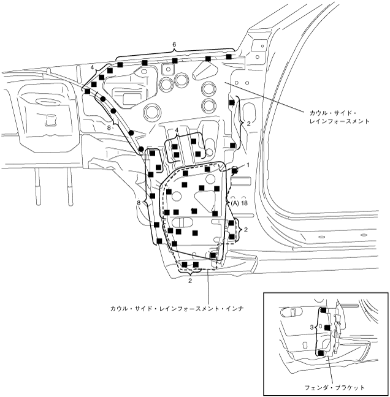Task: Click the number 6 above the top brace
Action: (174, 45)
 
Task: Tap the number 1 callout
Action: (248, 165)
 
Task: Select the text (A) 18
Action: (239, 202)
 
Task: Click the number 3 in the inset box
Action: (312, 328)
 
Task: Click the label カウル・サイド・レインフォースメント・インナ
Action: (178, 309)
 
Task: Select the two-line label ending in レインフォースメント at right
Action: (339, 117)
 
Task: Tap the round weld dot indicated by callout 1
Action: (234, 170)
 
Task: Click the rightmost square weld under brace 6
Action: (229, 57)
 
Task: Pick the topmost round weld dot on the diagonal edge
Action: (103, 99)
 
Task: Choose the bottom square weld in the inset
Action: (321, 354)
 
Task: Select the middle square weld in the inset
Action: (327, 328)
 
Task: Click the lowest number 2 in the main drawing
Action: (190, 281)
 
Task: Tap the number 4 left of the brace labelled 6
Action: (93, 67)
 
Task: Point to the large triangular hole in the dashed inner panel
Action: (204, 198)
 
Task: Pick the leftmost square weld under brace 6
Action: (110, 71)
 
